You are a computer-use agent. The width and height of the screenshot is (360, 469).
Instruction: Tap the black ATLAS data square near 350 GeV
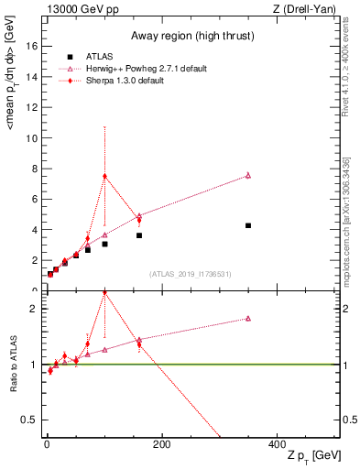pos(248,225)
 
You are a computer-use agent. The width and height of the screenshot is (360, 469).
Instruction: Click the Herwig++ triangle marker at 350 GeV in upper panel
pos(248,175)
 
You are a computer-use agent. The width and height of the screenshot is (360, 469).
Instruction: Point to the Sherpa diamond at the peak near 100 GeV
pos(104,176)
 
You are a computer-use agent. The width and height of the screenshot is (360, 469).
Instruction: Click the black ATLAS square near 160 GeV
pos(139,235)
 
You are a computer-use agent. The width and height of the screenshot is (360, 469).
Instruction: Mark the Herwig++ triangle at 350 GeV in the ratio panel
pos(248,319)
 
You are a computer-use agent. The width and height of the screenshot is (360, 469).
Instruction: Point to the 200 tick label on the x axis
pos(161,444)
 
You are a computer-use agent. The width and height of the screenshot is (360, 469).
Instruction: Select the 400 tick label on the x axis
pos(277,444)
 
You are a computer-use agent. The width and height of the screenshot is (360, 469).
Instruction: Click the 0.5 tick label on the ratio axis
pos(29,420)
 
